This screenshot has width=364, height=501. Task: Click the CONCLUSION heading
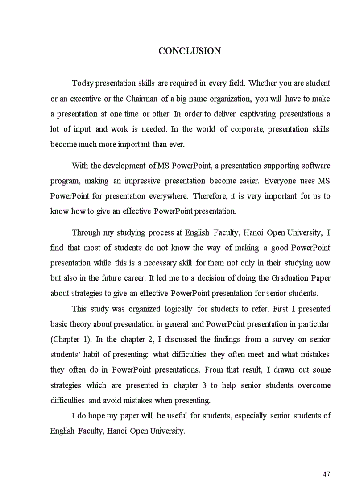click(x=190, y=51)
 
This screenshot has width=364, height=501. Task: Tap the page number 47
click(x=326, y=474)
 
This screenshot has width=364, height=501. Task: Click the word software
click(x=316, y=166)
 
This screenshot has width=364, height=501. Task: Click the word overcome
click(x=314, y=385)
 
